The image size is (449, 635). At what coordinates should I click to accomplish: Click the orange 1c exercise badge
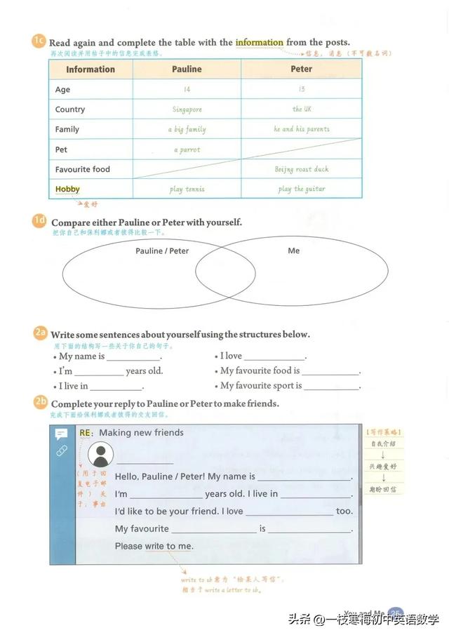39,41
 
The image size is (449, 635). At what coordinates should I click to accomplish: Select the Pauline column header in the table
187,69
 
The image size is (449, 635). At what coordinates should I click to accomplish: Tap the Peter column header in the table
302,69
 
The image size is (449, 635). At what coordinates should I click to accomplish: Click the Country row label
70,109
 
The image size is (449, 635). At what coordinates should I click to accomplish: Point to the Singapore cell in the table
187,109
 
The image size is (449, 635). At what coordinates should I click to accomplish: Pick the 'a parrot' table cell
187,149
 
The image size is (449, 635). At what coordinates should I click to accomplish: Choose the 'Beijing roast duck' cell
302,169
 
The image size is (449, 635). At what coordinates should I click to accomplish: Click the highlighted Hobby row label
67,189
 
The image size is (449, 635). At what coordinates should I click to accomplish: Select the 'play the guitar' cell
302,189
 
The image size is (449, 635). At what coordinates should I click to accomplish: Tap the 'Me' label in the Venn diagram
293,250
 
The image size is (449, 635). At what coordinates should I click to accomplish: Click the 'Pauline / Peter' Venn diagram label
162,250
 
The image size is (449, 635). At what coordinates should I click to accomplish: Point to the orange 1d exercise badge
39,221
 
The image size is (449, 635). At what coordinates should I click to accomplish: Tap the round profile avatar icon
102,455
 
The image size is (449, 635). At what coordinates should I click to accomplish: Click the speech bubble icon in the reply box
61,434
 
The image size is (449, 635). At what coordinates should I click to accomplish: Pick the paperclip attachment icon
61,450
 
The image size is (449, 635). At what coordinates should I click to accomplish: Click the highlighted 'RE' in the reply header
86,433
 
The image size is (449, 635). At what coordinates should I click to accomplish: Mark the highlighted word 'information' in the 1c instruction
260,42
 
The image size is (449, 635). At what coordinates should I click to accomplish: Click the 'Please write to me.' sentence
154,546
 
